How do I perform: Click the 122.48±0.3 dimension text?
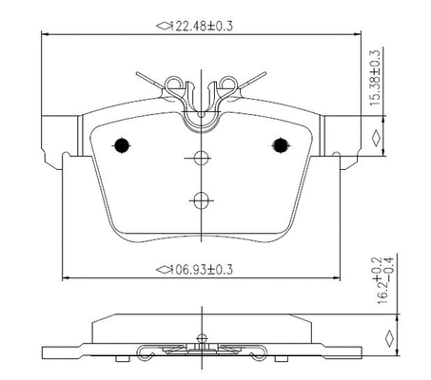202,26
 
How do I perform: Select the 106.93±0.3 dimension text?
202,270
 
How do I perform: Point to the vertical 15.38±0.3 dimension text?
375,78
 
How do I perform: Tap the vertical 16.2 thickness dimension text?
385,280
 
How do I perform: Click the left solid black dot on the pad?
122,145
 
